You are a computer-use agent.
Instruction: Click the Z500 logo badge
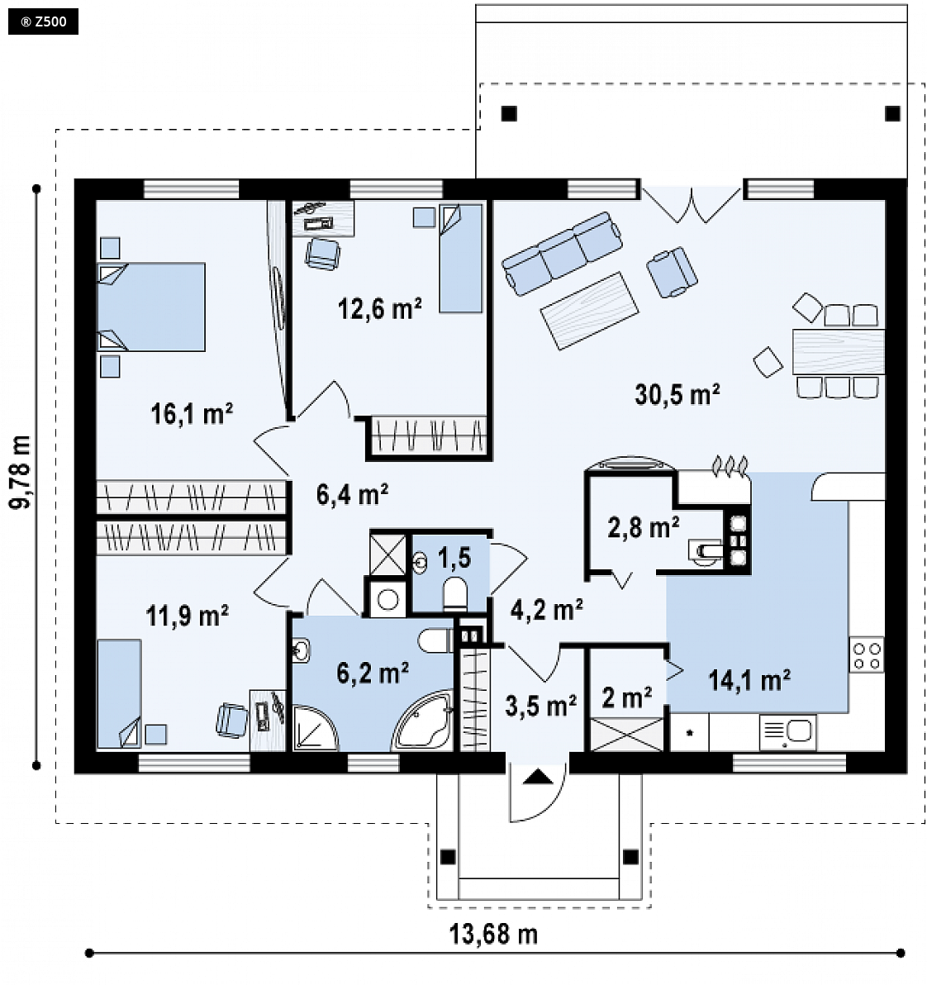(x=43, y=22)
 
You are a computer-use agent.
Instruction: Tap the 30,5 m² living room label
(x=677, y=394)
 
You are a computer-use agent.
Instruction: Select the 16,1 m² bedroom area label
(x=192, y=413)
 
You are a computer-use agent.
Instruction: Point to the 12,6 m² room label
(x=379, y=308)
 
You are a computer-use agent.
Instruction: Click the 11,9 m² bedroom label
(x=188, y=616)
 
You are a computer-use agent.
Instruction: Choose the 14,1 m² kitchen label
(x=749, y=680)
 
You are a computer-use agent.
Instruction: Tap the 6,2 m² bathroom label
(x=373, y=673)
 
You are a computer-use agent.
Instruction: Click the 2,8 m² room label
(x=643, y=527)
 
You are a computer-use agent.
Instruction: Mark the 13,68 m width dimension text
(x=493, y=934)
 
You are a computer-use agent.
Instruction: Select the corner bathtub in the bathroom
(x=423, y=721)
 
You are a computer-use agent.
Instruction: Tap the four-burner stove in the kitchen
(x=867, y=654)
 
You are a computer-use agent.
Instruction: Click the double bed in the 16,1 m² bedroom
(x=151, y=307)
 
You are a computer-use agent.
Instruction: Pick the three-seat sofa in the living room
(x=562, y=253)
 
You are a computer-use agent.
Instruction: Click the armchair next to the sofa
(x=672, y=271)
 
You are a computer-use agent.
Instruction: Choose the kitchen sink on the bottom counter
(x=787, y=732)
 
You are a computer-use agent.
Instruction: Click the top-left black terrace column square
(x=509, y=114)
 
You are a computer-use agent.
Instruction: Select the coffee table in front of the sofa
(x=589, y=311)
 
